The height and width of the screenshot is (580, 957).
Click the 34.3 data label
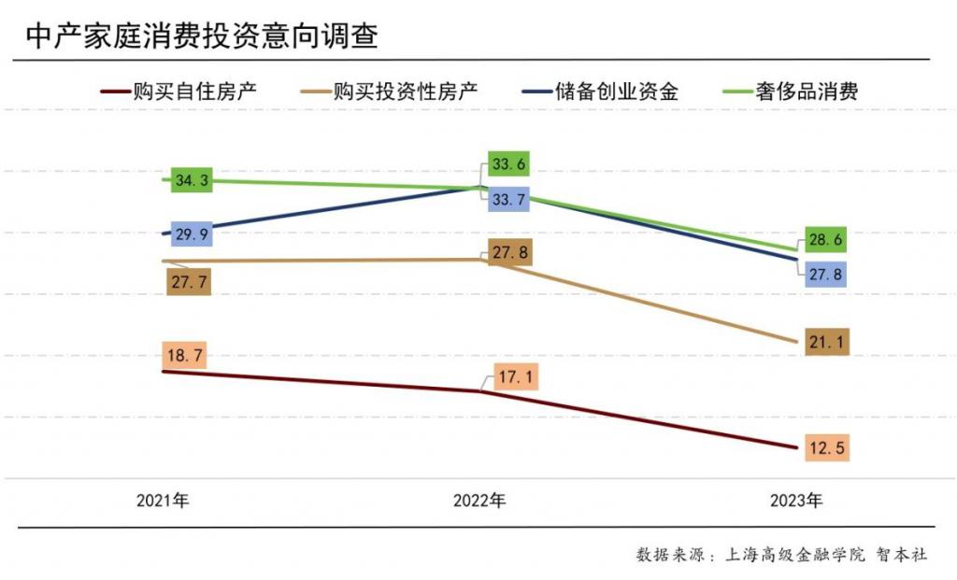(x=191, y=180)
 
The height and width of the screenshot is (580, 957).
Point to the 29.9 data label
(x=191, y=234)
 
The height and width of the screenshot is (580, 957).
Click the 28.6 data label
(x=826, y=240)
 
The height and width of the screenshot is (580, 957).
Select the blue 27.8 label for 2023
(x=826, y=274)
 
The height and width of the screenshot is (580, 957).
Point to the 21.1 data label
(x=826, y=343)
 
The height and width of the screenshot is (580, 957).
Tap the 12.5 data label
(x=826, y=448)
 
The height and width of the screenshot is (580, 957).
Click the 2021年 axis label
(x=163, y=501)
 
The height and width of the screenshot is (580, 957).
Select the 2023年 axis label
(x=796, y=501)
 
